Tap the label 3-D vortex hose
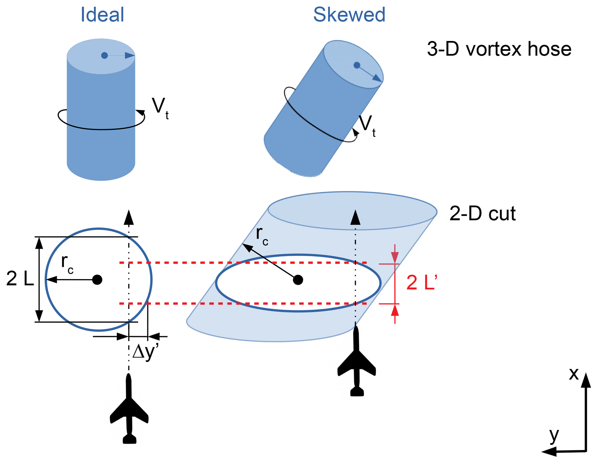click(499, 49)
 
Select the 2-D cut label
click(482, 214)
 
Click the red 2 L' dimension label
click(422, 282)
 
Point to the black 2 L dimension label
click(20, 279)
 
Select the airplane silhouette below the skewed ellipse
click(356, 361)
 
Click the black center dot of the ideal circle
click(97, 280)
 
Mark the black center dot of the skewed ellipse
click(298, 280)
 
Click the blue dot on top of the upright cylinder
click(104, 55)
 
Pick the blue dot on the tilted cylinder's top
click(357, 65)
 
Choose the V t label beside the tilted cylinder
click(367, 125)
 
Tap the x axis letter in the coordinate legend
click(573, 374)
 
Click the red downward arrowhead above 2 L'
click(395, 257)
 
